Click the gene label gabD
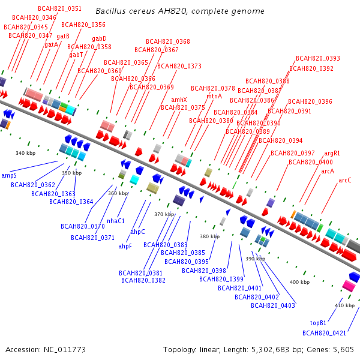click(x=99, y=38)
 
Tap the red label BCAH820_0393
click(x=318, y=58)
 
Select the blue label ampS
click(x=9, y=175)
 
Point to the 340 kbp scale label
click(x=25, y=153)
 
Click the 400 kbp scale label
click(x=299, y=282)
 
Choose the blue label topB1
click(x=318, y=323)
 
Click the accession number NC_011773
click(x=65, y=350)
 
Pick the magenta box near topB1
click(x=349, y=286)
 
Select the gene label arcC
click(x=345, y=180)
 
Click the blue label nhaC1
click(x=116, y=221)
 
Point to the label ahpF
click(x=125, y=247)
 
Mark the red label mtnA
click(x=214, y=96)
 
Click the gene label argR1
click(x=332, y=154)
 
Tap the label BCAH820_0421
click(x=324, y=333)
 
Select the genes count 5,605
click(x=343, y=350)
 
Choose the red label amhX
click(x=179, y=100)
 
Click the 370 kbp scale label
click(x=164, y=214)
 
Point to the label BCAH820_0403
click(x=273, y=305)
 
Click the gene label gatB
click(x=63, y=36)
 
